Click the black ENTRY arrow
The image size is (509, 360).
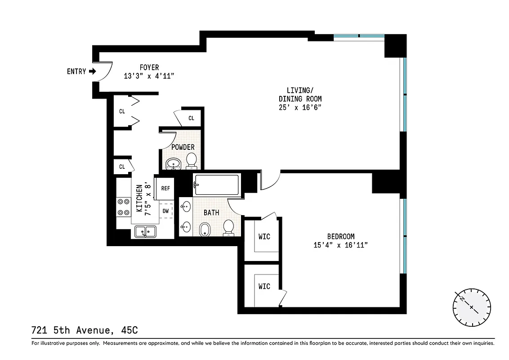click(x=93, y=71)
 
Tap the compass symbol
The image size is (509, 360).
click(x=472, y=308)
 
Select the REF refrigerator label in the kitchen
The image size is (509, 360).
click(x=165, y=188)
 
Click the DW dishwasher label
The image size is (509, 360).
click(x=165, y=211)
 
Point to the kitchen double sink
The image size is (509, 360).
click(x=145, y=232)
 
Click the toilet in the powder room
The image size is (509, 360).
click(x=192, y=160)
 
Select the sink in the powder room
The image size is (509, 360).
click(x=173, y=163)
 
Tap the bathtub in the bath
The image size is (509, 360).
click(x=216, y=184)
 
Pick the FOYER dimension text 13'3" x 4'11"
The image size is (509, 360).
click(x=149, y=76)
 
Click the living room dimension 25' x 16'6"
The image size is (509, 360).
click(x=300, y=108)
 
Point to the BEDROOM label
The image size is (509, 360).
click(x=340, y=236)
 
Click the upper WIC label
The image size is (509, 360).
click(x=264, y=236)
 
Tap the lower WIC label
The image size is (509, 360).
click(x=264, y=286)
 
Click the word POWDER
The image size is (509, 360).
click(x=183, y=147)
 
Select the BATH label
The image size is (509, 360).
click(x=211, y=212)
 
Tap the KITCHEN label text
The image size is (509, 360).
click(x=139, y=198)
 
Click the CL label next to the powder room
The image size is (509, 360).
click(x=192, y=118)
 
